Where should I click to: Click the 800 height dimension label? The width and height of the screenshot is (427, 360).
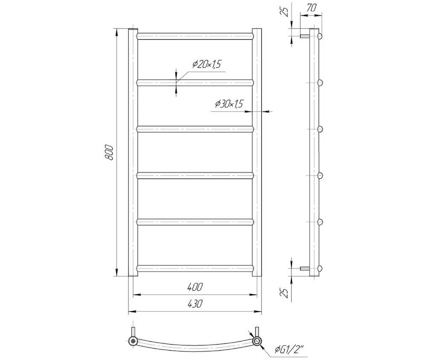[109, 153]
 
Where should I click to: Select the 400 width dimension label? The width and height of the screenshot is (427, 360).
[195, 287]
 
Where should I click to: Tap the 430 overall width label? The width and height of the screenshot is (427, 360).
[195, 303]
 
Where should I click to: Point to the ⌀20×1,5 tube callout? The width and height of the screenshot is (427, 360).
[206, 64]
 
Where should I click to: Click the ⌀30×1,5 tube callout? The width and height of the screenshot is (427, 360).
[229, 104]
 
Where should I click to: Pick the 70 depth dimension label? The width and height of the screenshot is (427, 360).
[311, 8]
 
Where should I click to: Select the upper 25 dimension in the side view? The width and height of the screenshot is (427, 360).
[285, 12]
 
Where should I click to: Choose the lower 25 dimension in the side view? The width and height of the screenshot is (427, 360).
[285, 293]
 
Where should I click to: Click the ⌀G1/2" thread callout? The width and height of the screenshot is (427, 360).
[289, 350]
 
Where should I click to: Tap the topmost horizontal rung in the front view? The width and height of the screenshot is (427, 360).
[195, 36]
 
